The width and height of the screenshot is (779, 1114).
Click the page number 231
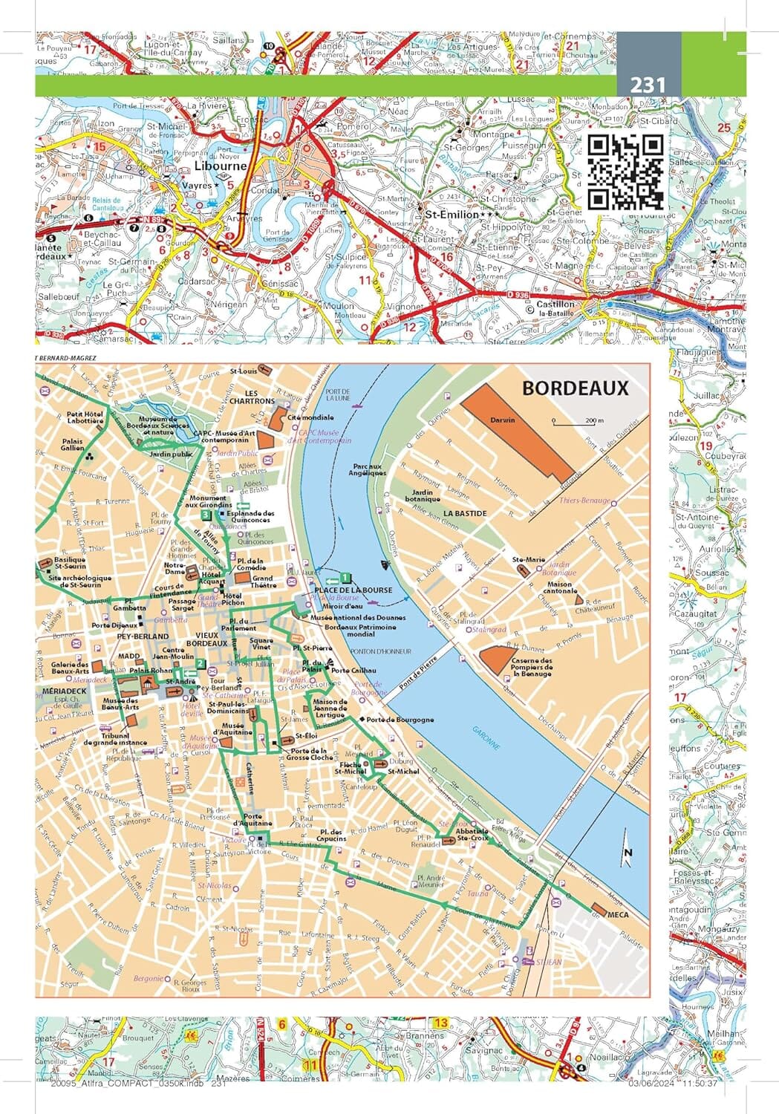pyautogui.click(x=648, y=85)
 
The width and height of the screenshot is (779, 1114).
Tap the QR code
pyautogui.click(x=625, y=172)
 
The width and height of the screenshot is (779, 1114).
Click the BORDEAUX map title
pyautogui.click(x=575, y=388)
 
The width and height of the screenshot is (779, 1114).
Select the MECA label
pyautogui.click(x=618, y=915)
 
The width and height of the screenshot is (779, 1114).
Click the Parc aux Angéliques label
pyautogui.click(x=368, y=470)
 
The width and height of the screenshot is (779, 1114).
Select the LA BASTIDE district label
pyautogui.click(x=466, y=513)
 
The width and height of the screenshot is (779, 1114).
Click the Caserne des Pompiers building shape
pyautogui.click(x=495, y=659)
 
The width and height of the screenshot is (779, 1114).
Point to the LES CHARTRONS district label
pyautogui.click(x=252, y=397)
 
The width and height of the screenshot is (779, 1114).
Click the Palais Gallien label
pyautogui.click(x=72, y=444)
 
